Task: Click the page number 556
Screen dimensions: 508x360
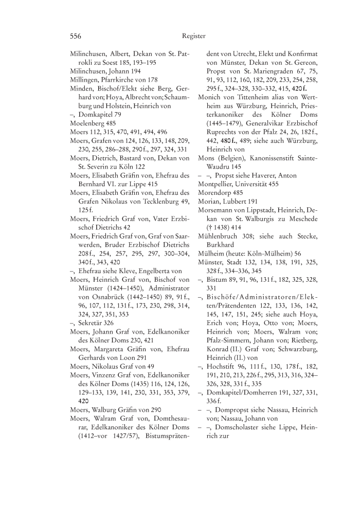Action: click(76, 36)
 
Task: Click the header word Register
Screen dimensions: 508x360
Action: click(193, 36)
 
